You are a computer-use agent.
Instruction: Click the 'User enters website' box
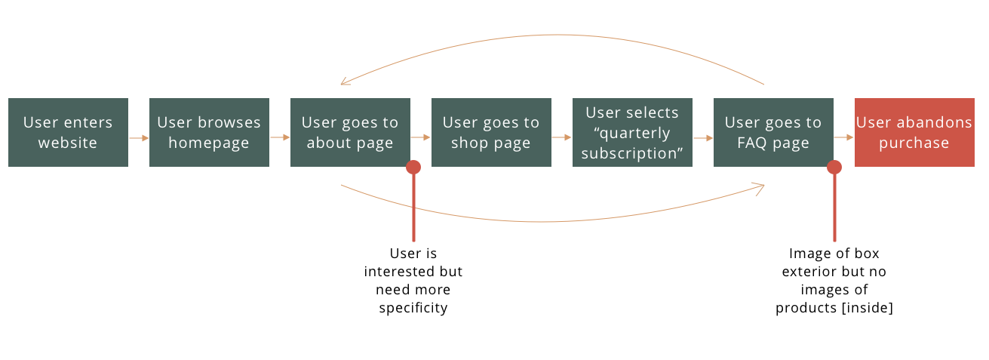[68, 132]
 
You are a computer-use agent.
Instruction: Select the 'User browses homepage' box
[209, 132]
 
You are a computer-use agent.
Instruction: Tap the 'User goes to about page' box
[350, 132]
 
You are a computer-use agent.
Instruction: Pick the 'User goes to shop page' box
[491, 132]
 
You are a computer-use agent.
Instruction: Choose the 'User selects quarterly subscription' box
[632, 132]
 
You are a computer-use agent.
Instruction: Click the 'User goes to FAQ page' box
[773, 132]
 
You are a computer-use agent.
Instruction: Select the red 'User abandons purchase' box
[914, 132]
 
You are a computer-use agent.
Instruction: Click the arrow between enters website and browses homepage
[139, 138]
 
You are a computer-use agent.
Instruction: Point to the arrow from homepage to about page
[280, 137]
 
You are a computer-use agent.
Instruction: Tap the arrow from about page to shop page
[421, 137]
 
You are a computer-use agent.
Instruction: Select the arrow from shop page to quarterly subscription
[562, 137]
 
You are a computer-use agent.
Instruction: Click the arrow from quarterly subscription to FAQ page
[703, 138]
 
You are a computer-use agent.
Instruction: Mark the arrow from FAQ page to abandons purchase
[844, 137]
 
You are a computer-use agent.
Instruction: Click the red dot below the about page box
[413, 168]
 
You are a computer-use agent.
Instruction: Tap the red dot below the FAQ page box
[834, 168]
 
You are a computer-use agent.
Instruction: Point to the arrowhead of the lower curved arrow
[760, 187]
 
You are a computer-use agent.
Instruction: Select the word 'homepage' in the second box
[209, 143]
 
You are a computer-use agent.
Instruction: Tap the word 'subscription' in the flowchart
[632, 153]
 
